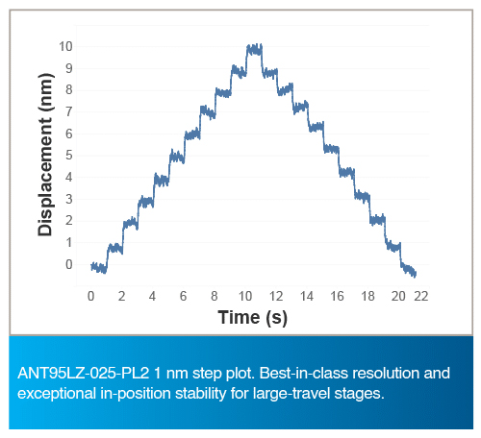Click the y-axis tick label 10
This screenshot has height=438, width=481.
pos(65,47)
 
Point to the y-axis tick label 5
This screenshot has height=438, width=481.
pos(69,156)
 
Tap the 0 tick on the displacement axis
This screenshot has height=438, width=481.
pos(69,265)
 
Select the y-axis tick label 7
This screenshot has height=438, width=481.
pos(69,112)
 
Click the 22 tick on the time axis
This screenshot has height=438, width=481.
pos(421,297)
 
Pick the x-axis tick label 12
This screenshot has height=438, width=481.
pos(276,297)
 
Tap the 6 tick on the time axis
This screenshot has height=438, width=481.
pos(183,297)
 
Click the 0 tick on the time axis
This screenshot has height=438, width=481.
pos(91,297)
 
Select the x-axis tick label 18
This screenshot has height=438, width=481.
pos(367,297)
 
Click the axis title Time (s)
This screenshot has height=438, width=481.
pos(253,318)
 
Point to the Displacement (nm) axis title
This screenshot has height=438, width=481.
pos(45,155)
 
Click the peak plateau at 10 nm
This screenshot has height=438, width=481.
pos(255,50)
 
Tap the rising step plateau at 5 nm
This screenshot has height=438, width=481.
pos(177,157)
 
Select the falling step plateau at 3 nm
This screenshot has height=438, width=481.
pos(363,196)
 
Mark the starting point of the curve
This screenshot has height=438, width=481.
pos(91,266)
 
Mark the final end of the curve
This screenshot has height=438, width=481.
pos(416,274)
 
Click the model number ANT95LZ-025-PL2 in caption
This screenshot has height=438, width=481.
pos(84,374)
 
